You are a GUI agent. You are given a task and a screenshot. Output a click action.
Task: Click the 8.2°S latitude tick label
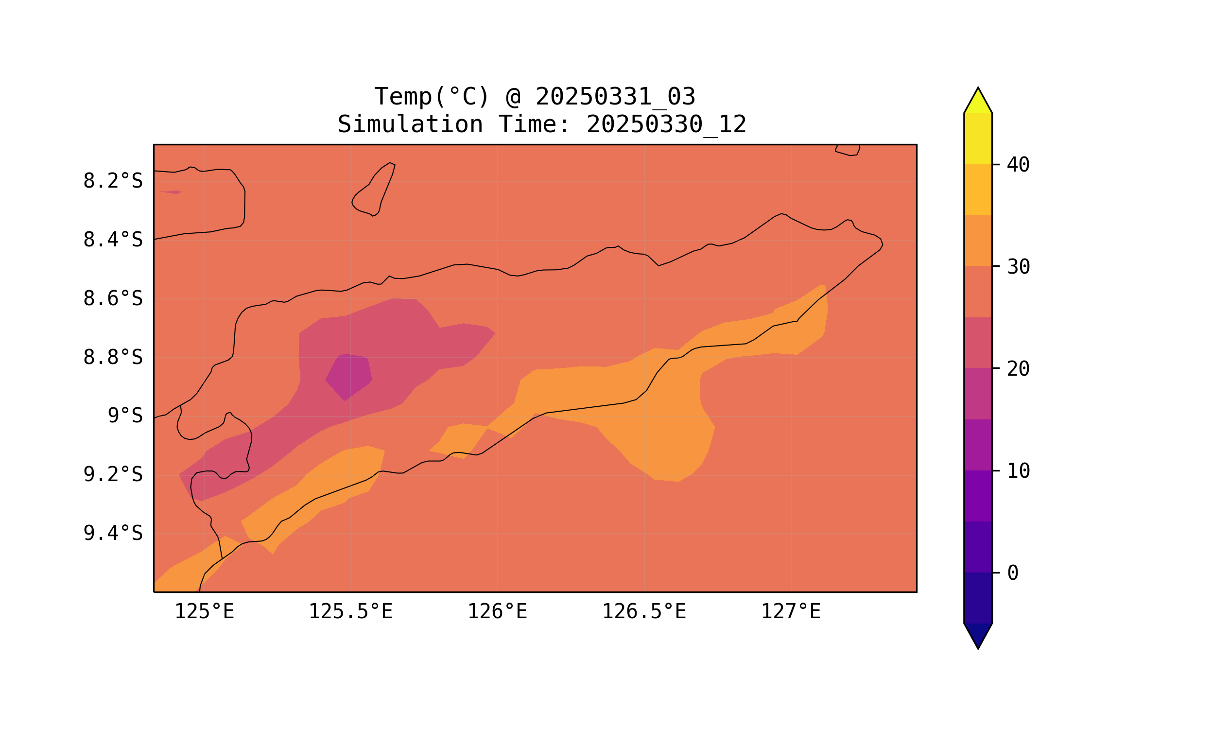[113, 181]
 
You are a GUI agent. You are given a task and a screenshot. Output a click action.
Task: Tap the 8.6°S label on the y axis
[113, 299]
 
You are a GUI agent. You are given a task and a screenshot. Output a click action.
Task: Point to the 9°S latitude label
[125, 416]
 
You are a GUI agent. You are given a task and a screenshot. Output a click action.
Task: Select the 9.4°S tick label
[113, 534]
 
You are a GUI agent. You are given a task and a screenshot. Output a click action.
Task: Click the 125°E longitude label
[204, 612]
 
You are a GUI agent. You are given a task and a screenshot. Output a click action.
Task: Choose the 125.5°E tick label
[351, 612]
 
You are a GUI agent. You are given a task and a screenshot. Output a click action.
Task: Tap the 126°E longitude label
[497, 612]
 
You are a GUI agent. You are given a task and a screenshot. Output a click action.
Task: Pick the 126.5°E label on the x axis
[644, 612]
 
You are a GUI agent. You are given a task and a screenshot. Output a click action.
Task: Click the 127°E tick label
[791, 612]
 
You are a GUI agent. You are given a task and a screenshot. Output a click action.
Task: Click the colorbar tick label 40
[1018, 166]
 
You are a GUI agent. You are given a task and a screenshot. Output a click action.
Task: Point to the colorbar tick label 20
[1018, 369]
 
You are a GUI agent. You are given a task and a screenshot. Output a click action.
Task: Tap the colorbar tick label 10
[1018, 471]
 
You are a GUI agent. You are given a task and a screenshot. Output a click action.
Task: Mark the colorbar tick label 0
[1013, 573]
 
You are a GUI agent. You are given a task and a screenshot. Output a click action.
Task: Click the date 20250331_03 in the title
[615, 97]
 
